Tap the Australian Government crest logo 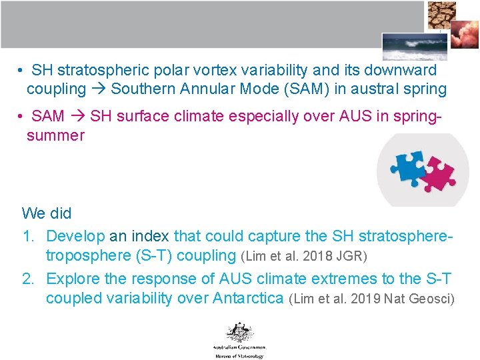(239, 332)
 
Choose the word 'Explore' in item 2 (73, 279)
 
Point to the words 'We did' (47, 213)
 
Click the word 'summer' (55, 135)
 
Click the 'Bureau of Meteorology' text (239, 356)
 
